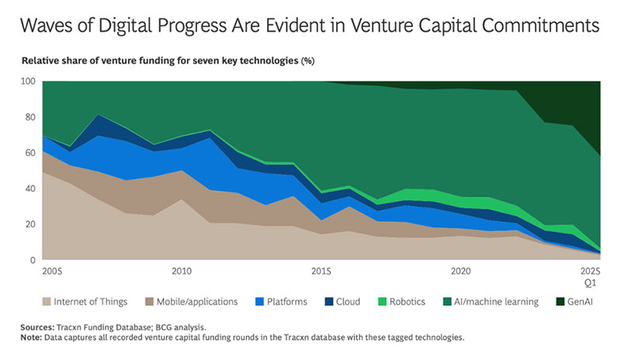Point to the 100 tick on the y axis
pos(26,81)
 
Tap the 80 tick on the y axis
pos(29,117)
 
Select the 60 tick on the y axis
pos(29,153)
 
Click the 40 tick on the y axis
pos(29,189)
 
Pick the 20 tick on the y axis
pos(29,224)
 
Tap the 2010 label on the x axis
pos(182,272)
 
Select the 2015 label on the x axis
pos(321,272)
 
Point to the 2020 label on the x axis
pos(461,272)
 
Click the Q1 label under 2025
pos(592,282)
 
